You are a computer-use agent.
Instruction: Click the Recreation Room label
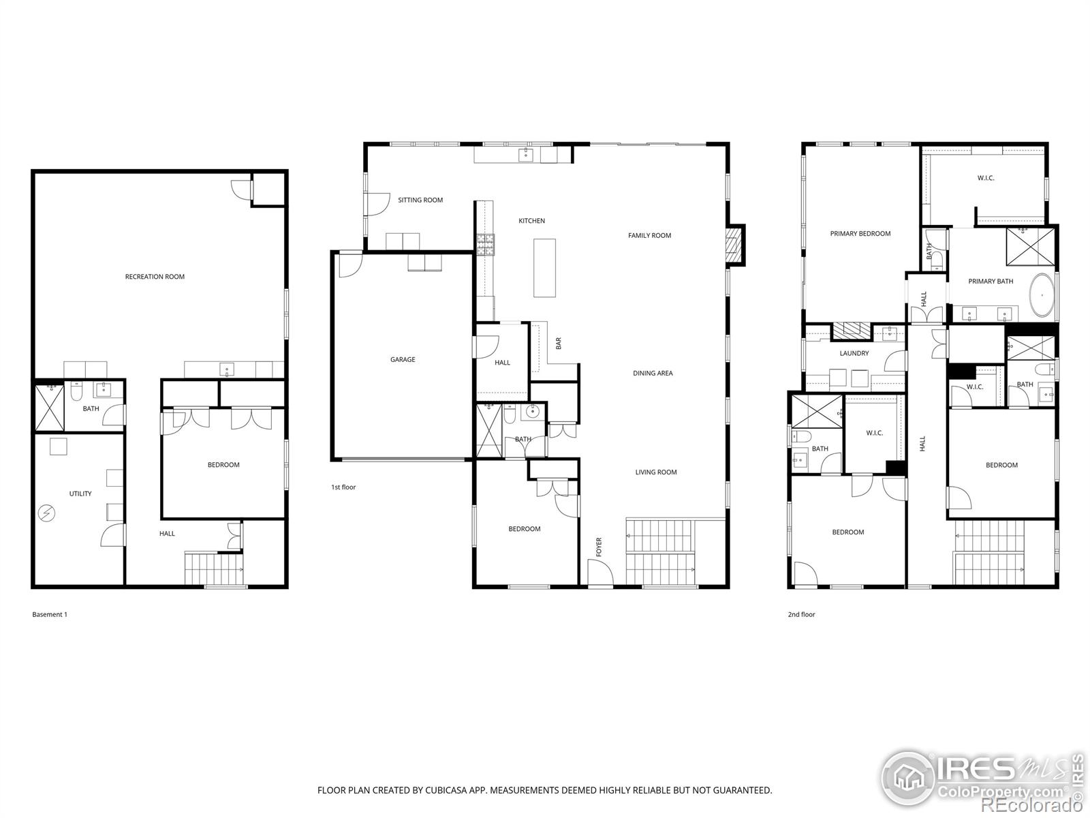155,277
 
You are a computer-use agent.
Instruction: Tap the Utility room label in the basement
80,494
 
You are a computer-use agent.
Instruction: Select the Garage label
402,360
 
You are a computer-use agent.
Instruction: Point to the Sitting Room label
420,200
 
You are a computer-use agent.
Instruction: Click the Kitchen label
531,221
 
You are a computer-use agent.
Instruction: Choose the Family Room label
649,235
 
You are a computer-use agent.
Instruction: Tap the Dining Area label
653,374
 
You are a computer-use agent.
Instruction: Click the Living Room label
655,472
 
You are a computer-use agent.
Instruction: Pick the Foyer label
599,547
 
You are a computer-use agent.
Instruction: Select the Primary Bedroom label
860,234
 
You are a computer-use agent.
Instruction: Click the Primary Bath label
990,282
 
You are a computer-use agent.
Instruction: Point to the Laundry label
854,354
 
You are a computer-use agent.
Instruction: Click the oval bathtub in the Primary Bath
1042,295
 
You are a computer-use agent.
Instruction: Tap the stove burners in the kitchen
486,245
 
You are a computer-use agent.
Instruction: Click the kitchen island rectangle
544,268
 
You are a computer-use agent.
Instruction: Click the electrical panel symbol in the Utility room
47,513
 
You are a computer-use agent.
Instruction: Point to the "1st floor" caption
343,487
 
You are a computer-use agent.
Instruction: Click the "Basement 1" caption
50,615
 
